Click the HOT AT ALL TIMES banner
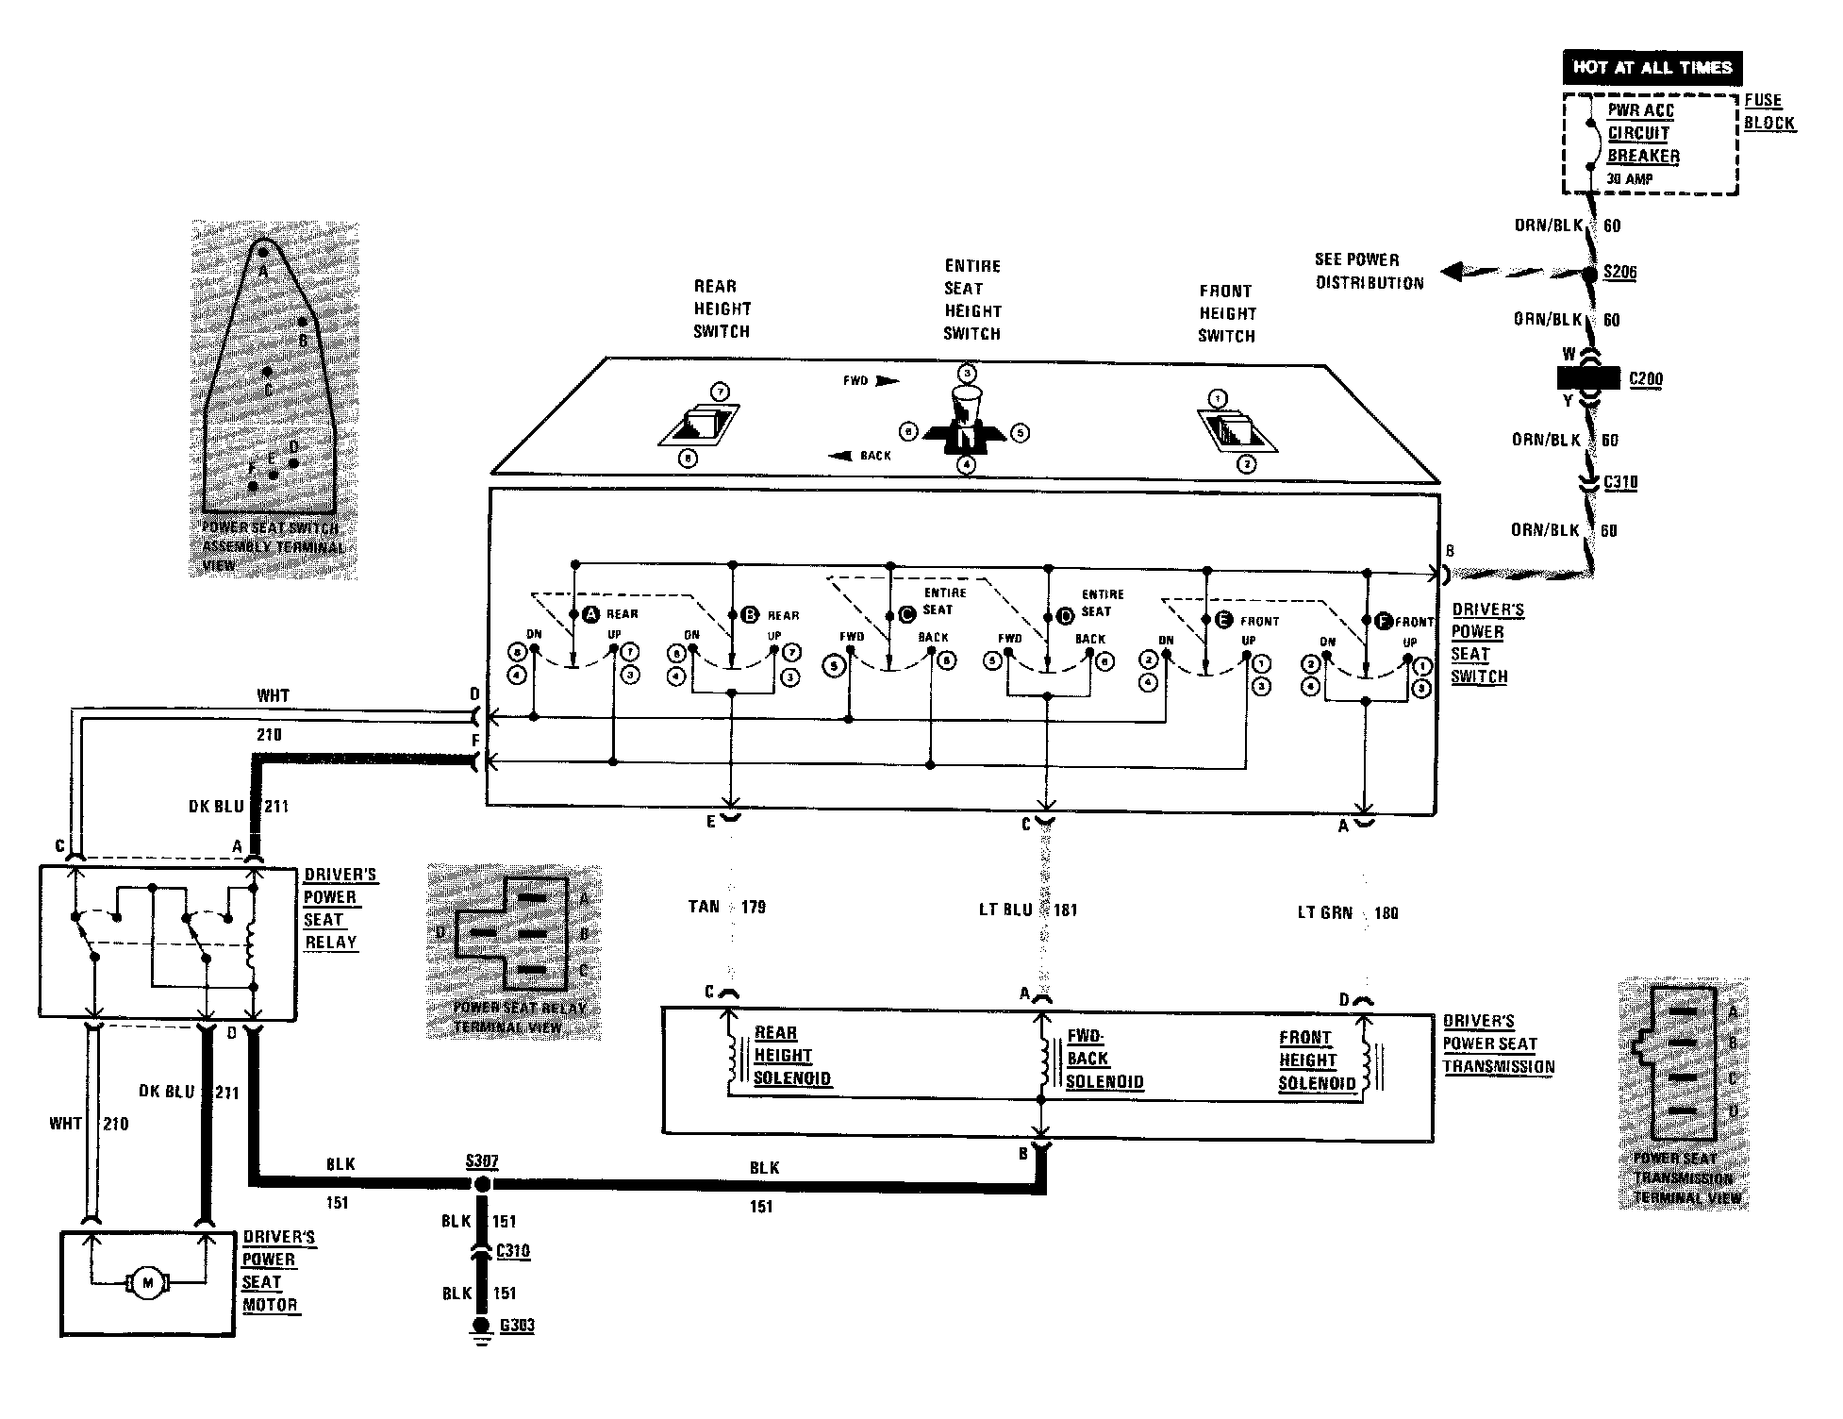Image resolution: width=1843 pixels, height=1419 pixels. click(1652, 68)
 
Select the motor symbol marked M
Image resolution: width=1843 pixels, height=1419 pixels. click(146, 1282)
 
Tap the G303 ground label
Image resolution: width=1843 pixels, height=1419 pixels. click(517, 1326)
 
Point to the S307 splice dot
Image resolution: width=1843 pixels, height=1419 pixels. click(482, 1184)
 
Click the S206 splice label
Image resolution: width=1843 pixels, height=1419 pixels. click(1619, 273)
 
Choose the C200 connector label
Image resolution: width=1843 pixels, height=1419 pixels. click(1646, 379)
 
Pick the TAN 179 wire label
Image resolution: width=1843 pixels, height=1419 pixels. click(726, 908)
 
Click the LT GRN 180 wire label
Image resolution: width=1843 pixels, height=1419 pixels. click(1347, 913)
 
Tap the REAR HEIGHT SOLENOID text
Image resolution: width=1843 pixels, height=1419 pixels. click(791, 1057)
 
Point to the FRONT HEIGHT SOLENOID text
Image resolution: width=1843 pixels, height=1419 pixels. click(1317, 1060)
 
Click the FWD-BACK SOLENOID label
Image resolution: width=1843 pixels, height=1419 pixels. click(1104, 1059)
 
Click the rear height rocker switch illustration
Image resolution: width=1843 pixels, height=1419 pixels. click(699, 426)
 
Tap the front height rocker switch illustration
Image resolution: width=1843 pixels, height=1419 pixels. click(1237, 429)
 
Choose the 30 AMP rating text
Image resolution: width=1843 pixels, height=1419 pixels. click(1630, 178)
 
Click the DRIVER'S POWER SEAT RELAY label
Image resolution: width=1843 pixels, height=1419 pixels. click(339, 909)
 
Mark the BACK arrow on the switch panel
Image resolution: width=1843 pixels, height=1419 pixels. click(859, 456)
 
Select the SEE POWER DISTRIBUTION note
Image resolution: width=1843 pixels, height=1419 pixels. click(1370, 271)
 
